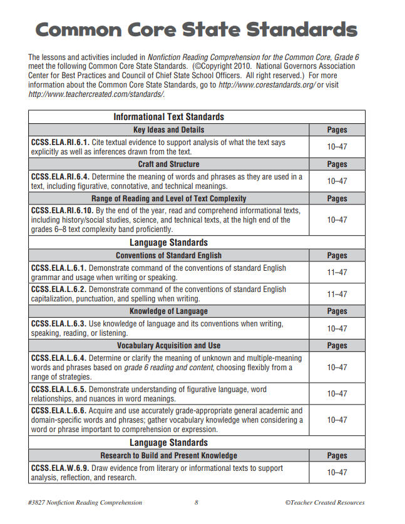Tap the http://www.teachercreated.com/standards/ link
tap(96, 94)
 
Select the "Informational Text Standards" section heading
tap(168, 117)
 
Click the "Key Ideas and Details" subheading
tap(168, 130)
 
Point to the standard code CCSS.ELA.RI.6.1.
tap(61, 143)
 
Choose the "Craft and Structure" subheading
tap(168, 164)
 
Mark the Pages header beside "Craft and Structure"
tap(337, 164)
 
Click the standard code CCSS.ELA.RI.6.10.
tap(63, 211)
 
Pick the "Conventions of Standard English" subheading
tap(168, 255)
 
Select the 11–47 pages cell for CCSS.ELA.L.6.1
tap(337, 273)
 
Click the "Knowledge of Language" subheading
tap(168, 311)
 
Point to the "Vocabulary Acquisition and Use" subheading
tap(168, 345)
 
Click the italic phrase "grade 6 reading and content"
tap(168, 368)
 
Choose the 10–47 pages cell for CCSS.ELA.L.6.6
tap(337, 420)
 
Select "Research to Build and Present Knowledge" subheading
tap(168, 455)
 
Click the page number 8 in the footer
tap(196, 502)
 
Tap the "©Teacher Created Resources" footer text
tap(324, 502)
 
